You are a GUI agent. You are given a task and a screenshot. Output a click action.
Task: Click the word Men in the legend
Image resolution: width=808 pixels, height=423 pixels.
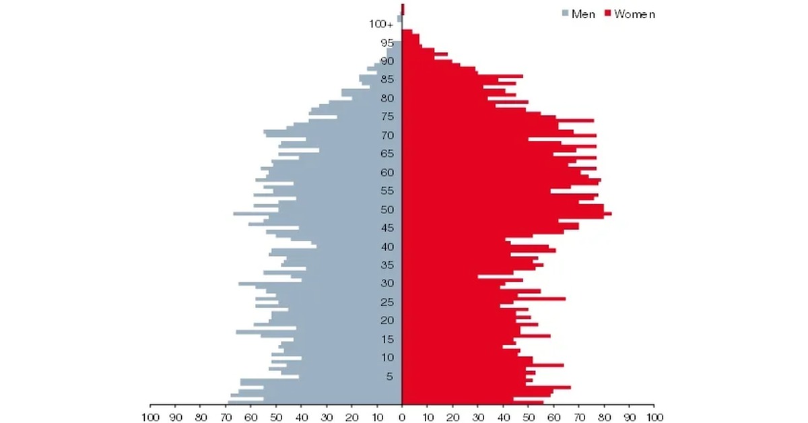(583, 13)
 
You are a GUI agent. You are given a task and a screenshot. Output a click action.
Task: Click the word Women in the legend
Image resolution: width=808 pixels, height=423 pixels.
(634, 13)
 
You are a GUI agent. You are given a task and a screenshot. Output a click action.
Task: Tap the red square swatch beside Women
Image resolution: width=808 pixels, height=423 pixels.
(607, 13)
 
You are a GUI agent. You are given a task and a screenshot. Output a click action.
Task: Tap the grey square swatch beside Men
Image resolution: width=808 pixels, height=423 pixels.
(565, 13)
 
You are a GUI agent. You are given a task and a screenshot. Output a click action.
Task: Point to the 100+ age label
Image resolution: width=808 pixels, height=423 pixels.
(380, 24)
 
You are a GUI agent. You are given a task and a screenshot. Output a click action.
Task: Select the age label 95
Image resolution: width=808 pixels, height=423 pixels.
(387, 43)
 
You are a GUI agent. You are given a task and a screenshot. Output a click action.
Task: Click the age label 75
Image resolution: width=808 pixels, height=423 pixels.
(387, 117)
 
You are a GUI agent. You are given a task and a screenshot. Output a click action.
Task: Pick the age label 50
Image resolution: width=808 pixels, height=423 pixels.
(387, 210)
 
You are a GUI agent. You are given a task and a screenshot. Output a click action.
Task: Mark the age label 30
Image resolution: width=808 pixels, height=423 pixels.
(387, 284)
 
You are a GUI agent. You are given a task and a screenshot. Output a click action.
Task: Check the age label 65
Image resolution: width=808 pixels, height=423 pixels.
(387, 154)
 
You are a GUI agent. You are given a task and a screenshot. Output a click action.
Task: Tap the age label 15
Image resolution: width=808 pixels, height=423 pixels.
(387, 339)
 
